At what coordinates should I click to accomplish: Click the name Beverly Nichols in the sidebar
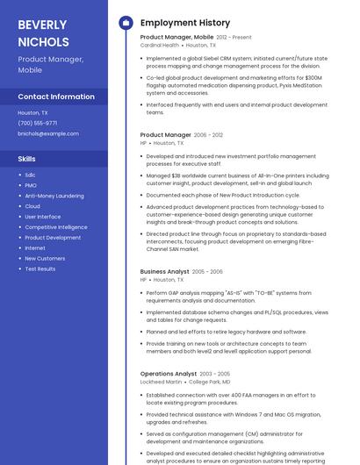[43, 32]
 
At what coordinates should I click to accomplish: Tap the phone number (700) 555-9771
[37, 123]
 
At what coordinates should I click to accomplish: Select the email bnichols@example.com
[48, 133]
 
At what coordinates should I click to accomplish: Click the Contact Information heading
[56, 97]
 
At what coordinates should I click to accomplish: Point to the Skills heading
[27, 159]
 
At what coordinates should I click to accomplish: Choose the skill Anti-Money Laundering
[54, 196]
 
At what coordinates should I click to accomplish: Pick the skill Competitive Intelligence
[56, 227]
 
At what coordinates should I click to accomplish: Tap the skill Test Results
[40, 269]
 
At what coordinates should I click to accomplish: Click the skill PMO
[31, 185]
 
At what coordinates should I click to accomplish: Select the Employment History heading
[185, 23]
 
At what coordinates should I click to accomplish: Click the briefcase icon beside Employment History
[125, 23]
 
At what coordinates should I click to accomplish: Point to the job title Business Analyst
[164, 272]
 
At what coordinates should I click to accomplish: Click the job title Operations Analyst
[168, 374]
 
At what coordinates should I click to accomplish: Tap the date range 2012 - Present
[234, 38]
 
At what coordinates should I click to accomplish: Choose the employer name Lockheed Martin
[161, 382]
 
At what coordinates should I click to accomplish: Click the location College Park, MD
[210, 382]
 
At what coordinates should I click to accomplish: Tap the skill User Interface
[43, 217]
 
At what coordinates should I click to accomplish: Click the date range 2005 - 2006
[207, 272]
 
